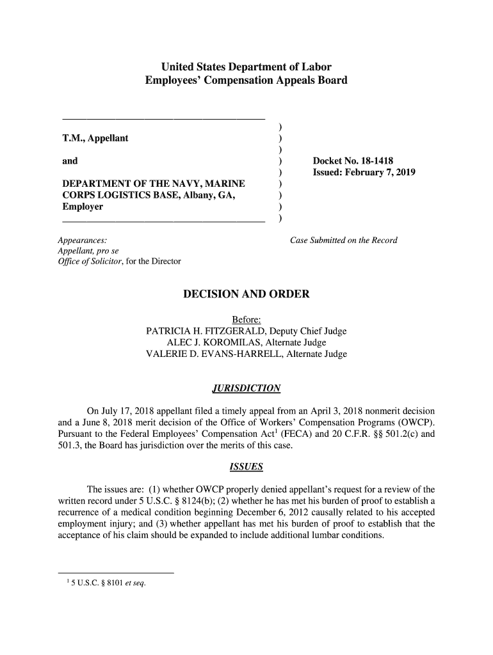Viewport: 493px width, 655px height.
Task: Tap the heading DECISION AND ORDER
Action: pos(247,295)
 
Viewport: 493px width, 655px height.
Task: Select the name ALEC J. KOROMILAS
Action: pos(206,343)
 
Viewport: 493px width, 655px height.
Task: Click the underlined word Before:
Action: pos(247,320)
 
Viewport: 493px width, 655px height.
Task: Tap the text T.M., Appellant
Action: pos(95,138)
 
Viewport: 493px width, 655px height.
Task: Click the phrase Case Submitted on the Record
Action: pos(344,241)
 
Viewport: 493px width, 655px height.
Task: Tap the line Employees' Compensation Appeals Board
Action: pos(246,81)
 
